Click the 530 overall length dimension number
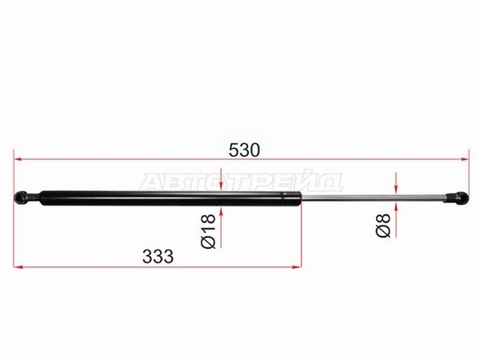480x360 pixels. click(244, 150)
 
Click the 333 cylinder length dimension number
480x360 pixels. click(158, 257)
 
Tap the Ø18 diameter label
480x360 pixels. click(208, 231)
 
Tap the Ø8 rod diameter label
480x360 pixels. click(383, 226)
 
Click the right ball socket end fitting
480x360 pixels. click(457, 198)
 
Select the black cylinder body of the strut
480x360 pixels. click(170, 198)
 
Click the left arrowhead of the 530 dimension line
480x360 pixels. click(18, 159)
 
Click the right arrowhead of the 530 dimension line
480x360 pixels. click(465, 159)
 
